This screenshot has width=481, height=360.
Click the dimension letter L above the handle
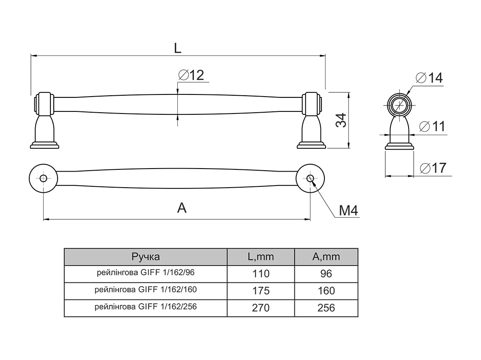178,48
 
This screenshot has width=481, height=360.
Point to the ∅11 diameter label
432,126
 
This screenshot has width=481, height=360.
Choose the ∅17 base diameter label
433,168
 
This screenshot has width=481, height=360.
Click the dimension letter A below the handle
182,208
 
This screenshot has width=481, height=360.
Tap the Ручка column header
146,257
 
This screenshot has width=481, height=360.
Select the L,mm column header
261,257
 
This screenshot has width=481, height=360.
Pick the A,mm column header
326,257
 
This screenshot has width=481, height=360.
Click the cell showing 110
261,274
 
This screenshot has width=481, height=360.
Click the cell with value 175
261,291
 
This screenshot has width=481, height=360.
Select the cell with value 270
261,308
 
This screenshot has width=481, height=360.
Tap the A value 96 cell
326,274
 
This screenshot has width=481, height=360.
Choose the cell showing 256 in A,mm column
326,308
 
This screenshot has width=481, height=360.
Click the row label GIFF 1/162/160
146,290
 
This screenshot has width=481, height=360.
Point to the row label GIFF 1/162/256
146,307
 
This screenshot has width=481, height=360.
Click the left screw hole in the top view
43,178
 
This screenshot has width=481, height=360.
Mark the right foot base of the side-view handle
311,146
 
